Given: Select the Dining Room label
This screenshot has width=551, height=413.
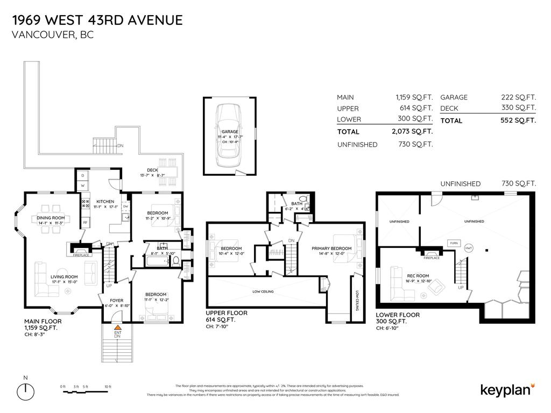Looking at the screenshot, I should [51, 218].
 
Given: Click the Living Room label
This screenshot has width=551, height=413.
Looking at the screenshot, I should [65, 277].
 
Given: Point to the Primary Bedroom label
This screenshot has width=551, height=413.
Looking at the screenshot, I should [331, 248].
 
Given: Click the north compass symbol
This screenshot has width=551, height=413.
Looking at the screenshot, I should [26, 389].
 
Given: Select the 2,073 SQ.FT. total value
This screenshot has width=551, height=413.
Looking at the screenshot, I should [412, 131].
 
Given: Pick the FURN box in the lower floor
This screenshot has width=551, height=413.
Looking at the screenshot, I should [454, 243].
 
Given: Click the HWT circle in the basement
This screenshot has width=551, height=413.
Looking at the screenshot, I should [469, 247].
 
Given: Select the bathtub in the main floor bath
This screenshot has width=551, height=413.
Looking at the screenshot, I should [156, 262].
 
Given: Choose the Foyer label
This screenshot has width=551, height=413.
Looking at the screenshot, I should [117, 301].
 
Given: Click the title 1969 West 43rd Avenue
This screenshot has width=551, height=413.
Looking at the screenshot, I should [97, 20].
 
